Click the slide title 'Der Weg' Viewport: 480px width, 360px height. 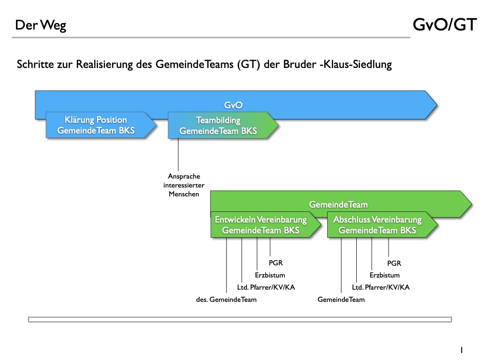41,25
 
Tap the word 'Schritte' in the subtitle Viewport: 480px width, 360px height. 36,65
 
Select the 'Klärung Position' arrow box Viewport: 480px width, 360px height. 96,125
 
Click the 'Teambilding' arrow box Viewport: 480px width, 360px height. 218,126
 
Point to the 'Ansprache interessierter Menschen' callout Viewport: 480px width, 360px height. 184,185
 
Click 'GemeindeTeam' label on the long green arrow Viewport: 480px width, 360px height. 338,204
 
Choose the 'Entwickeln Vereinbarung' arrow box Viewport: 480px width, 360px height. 261,225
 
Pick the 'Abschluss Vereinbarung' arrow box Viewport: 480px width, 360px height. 377,225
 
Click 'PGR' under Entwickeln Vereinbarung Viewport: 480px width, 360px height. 276,263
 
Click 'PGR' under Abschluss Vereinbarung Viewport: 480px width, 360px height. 394,263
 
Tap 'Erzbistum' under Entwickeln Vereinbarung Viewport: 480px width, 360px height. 270,275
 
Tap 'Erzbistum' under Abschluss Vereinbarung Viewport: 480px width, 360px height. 384,275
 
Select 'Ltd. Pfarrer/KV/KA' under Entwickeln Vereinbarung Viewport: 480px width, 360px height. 266,287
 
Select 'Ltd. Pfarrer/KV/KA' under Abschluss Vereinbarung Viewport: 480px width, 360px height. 381,287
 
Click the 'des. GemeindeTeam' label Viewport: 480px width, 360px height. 226,300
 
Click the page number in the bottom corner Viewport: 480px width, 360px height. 462,350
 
